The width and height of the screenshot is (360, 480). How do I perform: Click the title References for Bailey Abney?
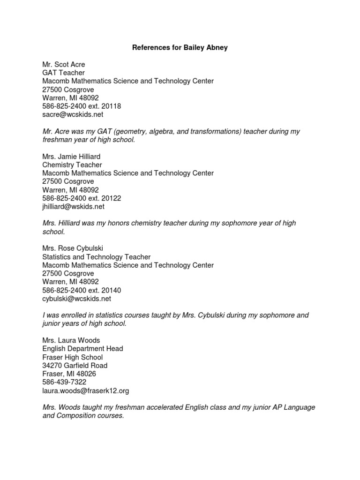[180, 48]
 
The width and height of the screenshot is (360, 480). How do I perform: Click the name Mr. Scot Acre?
[64, 64]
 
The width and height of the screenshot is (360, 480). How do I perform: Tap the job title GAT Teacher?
[64, 73]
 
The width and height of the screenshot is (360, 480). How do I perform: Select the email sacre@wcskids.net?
[73, 114]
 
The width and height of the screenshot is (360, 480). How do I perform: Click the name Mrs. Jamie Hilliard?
[71, 157]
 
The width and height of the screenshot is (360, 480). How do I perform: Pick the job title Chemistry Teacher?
[72, 165]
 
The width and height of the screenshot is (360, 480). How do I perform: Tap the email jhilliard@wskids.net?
[74, 206]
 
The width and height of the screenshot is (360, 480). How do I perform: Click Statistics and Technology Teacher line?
[97, 257]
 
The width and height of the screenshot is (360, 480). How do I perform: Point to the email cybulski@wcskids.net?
[77, 298]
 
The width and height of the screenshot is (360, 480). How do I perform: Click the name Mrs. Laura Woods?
[71, 340]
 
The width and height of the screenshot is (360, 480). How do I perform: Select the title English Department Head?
[82, 349]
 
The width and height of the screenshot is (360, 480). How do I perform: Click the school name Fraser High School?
[73, 357]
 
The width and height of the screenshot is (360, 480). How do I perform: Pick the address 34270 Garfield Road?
[75, 366]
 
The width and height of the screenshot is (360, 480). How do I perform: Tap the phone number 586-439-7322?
[64, 382]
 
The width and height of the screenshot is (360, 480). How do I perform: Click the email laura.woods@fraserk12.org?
[85, 390]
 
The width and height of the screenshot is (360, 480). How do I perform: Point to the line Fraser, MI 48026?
[69, 374]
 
